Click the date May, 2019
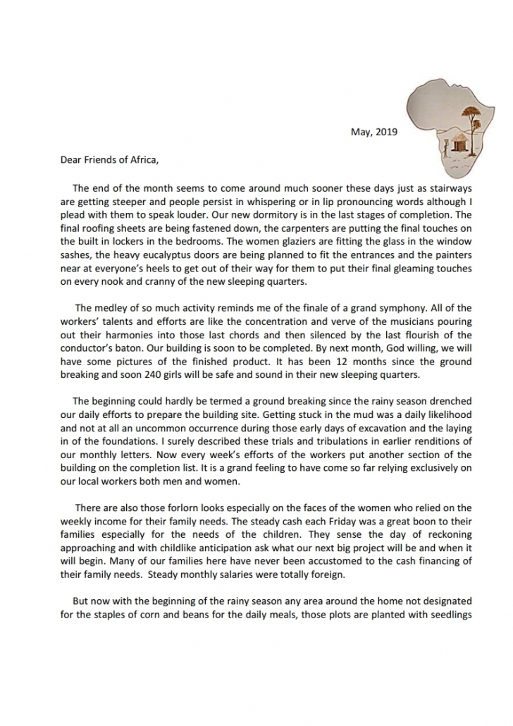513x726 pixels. [373, 132]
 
